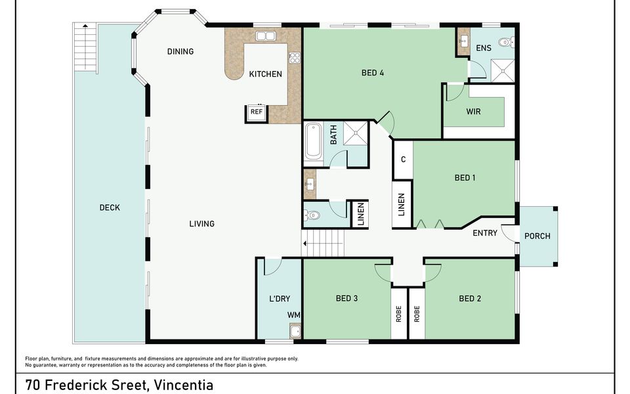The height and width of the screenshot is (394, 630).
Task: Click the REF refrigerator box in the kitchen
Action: coord(257,112)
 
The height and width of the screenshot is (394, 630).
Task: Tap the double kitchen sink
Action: coord(265,36)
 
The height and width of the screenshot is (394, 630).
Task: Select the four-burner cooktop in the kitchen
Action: coord(295,58)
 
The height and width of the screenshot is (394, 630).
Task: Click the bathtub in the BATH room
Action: coord(313,142)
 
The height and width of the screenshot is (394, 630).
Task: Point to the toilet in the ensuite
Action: coord(506,42)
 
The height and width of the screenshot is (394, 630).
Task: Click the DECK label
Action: coord(110,208)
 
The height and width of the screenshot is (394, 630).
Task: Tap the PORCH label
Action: coord(537,236)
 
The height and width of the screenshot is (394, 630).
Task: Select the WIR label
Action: coord(473,112)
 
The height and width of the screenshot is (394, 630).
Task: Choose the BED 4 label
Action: coord(373,73)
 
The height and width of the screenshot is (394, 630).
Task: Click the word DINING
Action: coord(180,51)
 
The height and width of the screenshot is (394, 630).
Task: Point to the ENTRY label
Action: coord(485,232)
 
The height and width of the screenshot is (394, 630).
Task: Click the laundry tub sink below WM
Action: coord(295,331)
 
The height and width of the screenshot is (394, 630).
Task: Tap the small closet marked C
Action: coord(403,160)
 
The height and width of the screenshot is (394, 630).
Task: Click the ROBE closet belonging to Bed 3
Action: coord(399,314)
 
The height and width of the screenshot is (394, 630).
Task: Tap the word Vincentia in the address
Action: coord(184,385)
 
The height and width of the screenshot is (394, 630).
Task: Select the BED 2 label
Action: coord(470,298)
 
